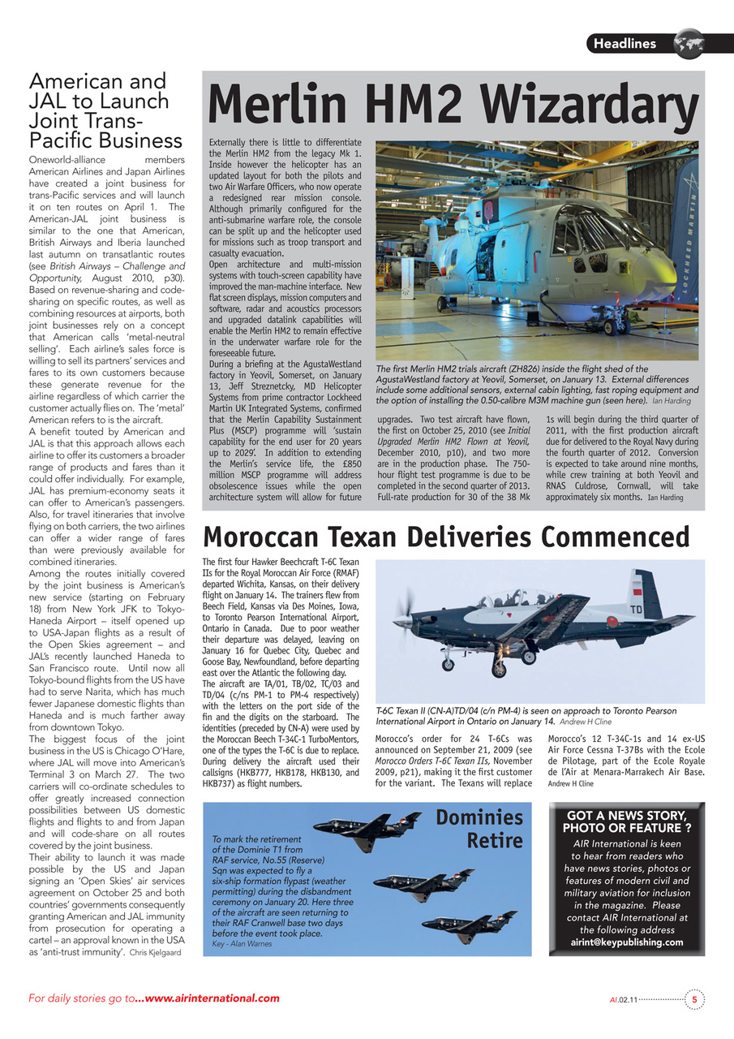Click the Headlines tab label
(625, 43)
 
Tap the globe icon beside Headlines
(689, 42)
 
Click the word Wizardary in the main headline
(581, 106)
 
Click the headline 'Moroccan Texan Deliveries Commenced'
(445, 537)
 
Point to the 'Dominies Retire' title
(479, 828)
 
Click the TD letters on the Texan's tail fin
(637, 608)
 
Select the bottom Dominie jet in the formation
(479, 925)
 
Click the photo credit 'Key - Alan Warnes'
(241, 944)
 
